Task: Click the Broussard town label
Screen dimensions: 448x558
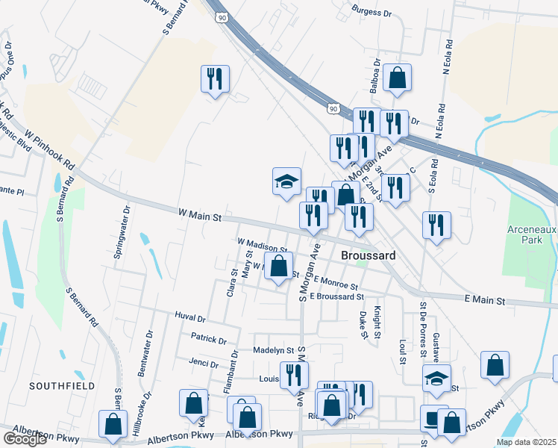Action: click(x=367, y=255)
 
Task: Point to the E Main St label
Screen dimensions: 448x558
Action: click(x=485, y=299)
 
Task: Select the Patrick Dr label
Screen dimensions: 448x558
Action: click(x=208, y=340)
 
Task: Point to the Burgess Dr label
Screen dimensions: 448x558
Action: click(x=372, y=13)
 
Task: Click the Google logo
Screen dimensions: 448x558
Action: click(x=25, y=439)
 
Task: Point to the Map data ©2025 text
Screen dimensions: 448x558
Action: click(x=526, y=442)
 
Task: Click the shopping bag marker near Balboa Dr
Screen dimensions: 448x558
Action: click(x=398, y=78)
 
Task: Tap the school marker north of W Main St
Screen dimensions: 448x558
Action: click(x=286, y=181)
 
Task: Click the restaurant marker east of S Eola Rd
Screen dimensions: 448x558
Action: click(x=436, y=225)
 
